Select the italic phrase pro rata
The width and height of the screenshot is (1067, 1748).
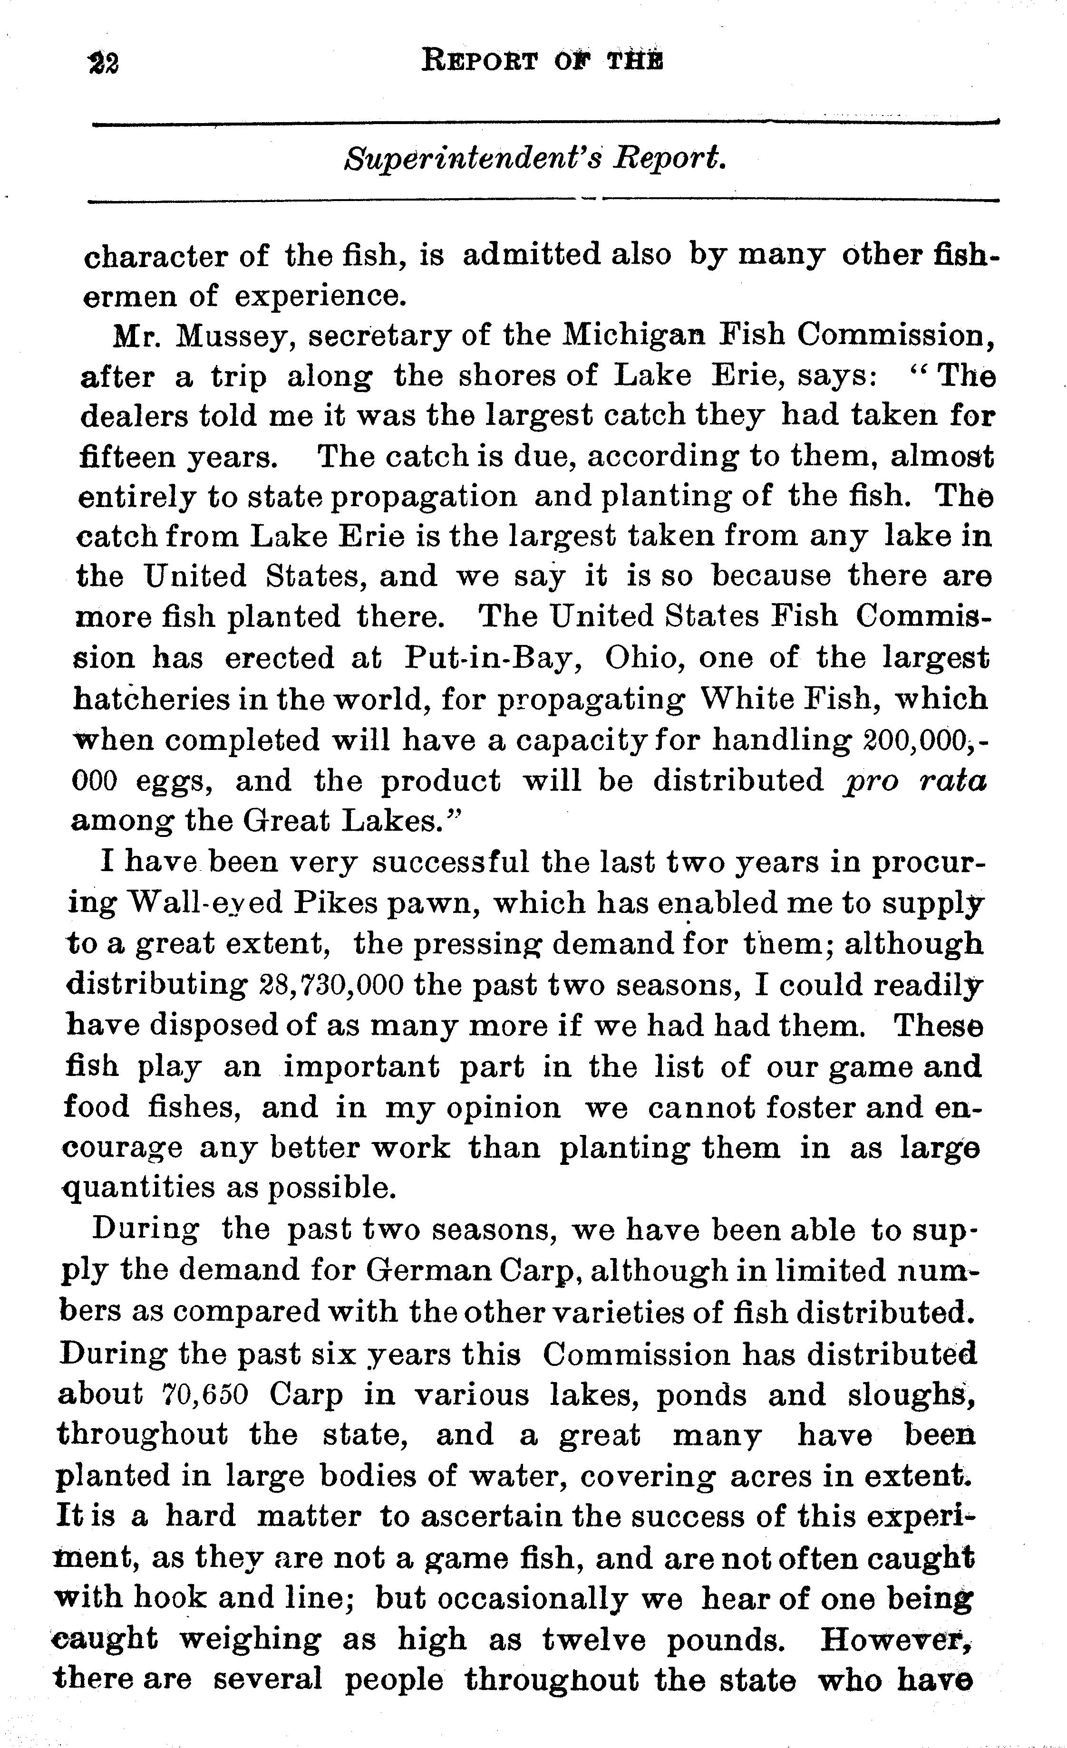[916, 781]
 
